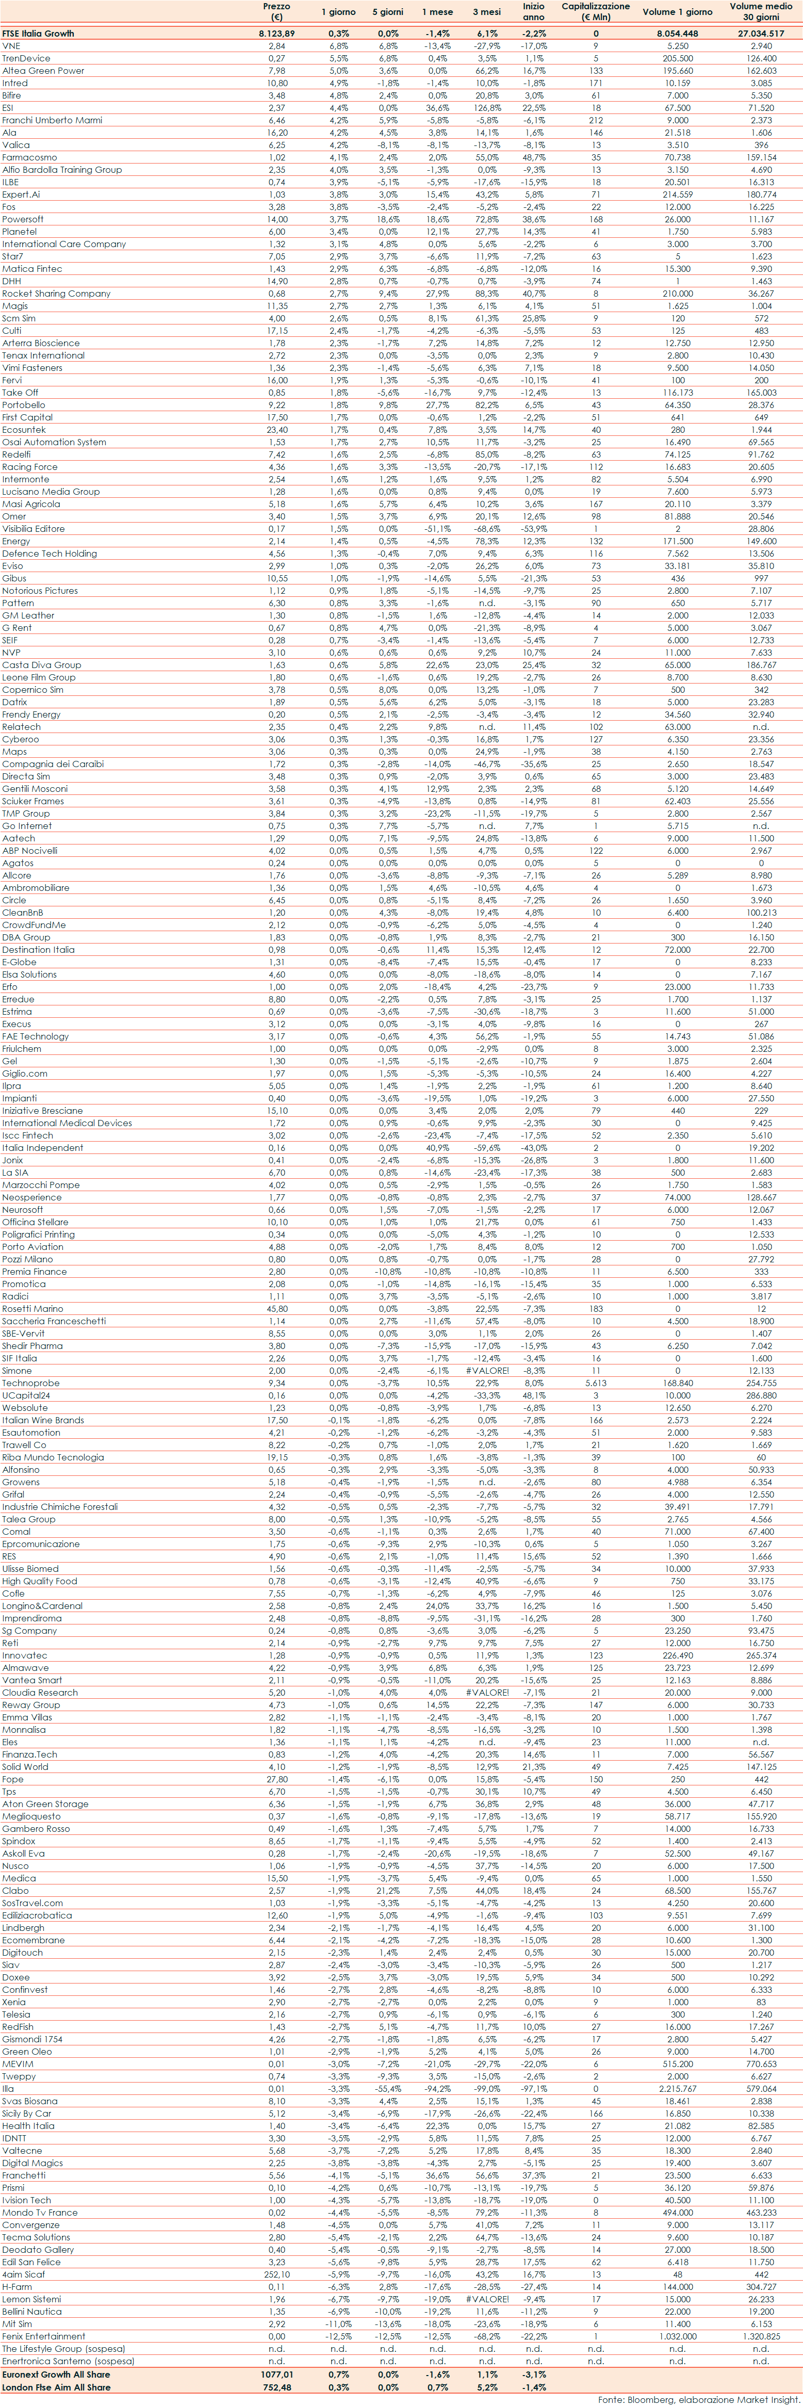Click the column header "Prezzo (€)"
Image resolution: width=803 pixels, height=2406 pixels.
coord(276,11)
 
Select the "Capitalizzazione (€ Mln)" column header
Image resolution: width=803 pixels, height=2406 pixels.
coord(596,11)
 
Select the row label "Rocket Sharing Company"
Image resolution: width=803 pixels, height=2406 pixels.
coord(56,294)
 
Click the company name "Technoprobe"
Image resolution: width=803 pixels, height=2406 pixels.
coord(31,1383)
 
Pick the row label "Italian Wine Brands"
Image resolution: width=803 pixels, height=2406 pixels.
coord(43,1420)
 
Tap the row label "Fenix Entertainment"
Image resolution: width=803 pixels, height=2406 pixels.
coord(44,2336)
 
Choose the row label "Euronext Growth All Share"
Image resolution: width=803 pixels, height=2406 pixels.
coord(56,2374)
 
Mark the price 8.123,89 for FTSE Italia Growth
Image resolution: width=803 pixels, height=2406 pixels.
coord(276,34)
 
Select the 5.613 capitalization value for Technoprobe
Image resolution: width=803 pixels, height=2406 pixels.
coord(596,1383)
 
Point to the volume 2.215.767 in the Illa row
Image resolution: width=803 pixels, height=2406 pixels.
coord(678,2088)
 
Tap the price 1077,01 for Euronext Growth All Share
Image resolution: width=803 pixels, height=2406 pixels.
coord(276,2374)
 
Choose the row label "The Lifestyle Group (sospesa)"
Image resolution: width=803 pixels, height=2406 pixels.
coord(63,2348)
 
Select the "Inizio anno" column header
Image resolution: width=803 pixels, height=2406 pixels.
coord(533,11)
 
